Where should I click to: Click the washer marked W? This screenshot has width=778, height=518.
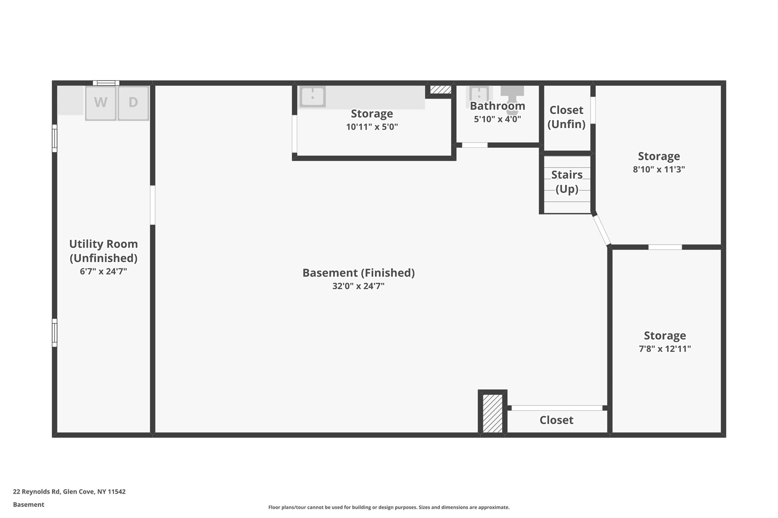(x=101, y=103)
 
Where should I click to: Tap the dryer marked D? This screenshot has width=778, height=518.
(x=133, y=103)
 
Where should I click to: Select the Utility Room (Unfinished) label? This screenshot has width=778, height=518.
(x=103, y=251)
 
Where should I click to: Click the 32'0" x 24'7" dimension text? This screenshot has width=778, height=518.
(x=358, y=286)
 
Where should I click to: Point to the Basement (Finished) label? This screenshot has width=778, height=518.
(x=358, y=273)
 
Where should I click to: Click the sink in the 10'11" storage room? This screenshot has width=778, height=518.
(x=312, y=96)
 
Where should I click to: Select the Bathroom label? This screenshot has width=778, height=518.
(x=497, y=106)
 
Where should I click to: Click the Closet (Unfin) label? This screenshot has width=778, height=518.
(x=566, y=117)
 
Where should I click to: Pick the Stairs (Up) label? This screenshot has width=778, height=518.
(x=567, y=182)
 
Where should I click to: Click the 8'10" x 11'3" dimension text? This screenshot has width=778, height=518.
(x=659, y=169)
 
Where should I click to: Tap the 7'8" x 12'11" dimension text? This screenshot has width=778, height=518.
(x=665, y=349)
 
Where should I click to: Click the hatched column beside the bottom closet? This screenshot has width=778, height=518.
(x=492, y=413)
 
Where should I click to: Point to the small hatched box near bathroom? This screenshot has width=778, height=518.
(x=440, y=90)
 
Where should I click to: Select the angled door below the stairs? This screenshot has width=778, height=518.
(x=601, y=230)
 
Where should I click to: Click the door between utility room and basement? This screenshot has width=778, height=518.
(x=152, y=205)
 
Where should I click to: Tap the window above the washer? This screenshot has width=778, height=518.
(x=106, y=83)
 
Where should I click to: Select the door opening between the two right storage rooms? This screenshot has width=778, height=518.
(x=665, y=247)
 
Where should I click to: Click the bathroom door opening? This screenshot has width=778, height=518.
(x=474, y=145)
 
